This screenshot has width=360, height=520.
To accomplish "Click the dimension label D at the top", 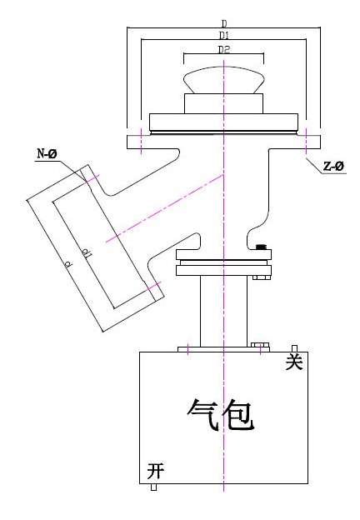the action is click(224, 24).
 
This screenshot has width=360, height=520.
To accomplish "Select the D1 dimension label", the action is click(224, 36).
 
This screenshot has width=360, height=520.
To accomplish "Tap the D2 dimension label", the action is click(224, 50).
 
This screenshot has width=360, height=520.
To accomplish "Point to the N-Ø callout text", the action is click(47, 154).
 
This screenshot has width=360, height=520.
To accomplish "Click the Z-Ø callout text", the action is click(334, 166).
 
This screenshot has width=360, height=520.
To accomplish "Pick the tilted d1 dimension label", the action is click(87, 254).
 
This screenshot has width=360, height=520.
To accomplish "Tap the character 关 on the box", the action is click(294, 361).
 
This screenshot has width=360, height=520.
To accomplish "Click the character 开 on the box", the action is click(156, 471).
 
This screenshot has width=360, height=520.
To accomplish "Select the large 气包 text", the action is click(221, 414).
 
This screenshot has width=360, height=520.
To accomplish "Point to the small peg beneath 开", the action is click(153, 487).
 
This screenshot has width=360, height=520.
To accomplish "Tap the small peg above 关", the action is click(294, 348).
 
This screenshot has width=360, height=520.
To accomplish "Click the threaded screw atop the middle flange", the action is click(262, 247).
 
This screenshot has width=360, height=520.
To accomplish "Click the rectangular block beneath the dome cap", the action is click(224, 104).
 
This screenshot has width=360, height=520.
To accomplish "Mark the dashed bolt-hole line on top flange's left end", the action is click(141, 141).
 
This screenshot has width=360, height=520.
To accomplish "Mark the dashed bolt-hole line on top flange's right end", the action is click(307, 141).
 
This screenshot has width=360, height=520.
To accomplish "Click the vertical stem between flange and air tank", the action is click(224, 311).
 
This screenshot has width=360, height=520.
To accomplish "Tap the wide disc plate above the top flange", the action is click(224, 122).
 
